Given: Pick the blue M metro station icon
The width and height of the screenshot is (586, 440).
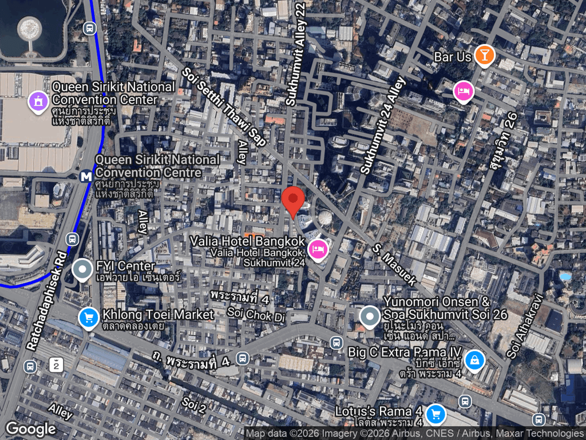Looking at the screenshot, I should tap(86, 176).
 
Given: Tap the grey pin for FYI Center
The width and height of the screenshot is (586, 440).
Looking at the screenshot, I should tap(83, 269).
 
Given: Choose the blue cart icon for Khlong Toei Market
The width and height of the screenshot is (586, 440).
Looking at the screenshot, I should tap(88, 317).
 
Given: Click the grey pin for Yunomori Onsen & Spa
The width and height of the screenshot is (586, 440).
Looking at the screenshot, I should tap(370, 316).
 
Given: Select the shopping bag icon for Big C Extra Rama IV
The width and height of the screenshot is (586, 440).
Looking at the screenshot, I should tap(474, 360).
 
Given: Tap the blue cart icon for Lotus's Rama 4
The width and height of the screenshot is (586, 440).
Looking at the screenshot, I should tap(436, 413).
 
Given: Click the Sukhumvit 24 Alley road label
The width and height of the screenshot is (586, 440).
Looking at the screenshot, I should tap(383, 125).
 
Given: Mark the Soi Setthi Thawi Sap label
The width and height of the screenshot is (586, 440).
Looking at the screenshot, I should tap(224, 107).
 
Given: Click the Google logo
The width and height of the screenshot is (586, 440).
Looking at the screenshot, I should tap(31, 429).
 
